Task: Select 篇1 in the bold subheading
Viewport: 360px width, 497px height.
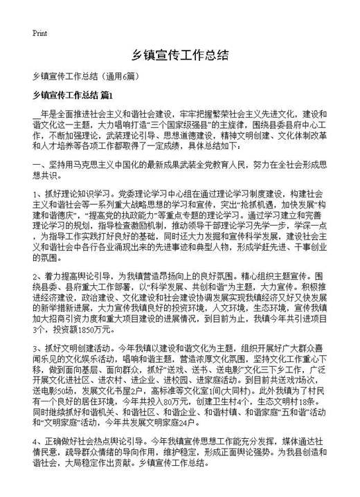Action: click(x=111, y=95)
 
